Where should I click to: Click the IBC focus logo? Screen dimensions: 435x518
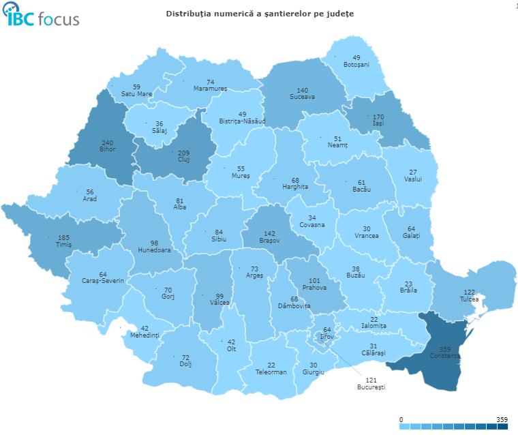42,16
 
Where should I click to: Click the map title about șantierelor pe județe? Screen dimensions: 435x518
260,14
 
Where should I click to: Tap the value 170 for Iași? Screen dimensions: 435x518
378,117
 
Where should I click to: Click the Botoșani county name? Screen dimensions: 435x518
356,65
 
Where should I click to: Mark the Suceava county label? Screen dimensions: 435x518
303,97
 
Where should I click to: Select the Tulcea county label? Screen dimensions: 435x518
468,299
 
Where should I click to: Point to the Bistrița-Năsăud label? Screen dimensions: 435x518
242,121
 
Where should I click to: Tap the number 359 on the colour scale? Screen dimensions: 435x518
502,419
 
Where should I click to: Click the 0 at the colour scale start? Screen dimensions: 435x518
401,419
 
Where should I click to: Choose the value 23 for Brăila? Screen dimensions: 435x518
409,284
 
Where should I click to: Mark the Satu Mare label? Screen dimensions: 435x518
136,94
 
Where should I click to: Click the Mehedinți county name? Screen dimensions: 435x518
144,335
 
